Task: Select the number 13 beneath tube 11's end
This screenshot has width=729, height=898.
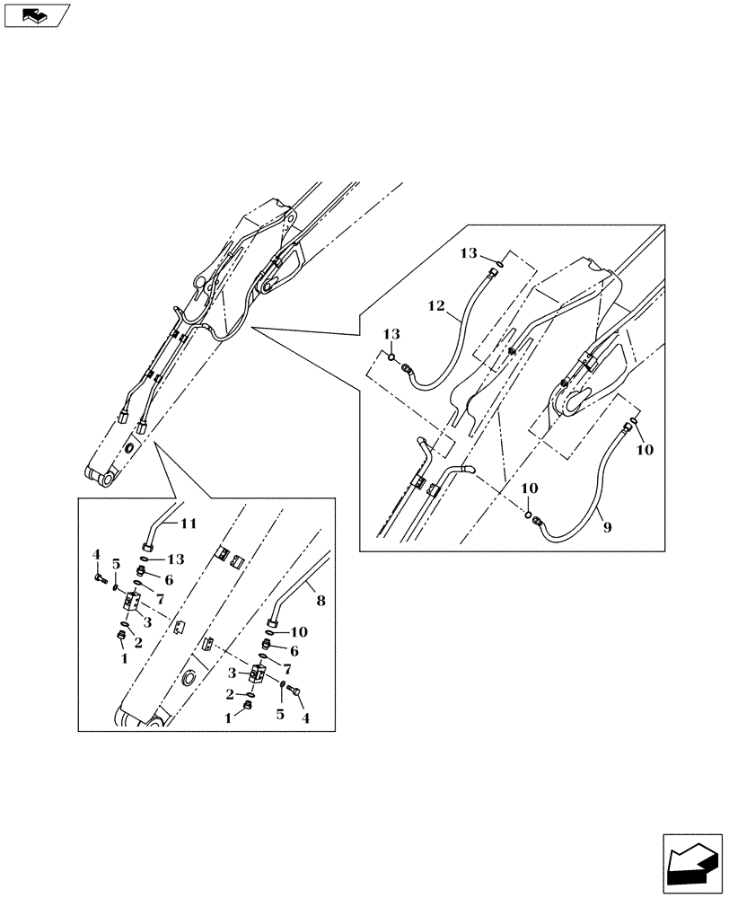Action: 174,559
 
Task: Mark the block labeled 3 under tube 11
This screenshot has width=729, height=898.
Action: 133,600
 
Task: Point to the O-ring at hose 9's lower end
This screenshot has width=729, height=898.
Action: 530,515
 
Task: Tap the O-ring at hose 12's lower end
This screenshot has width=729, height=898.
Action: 393,357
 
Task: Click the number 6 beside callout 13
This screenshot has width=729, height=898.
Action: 168,581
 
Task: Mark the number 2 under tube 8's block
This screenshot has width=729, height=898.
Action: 231,696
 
